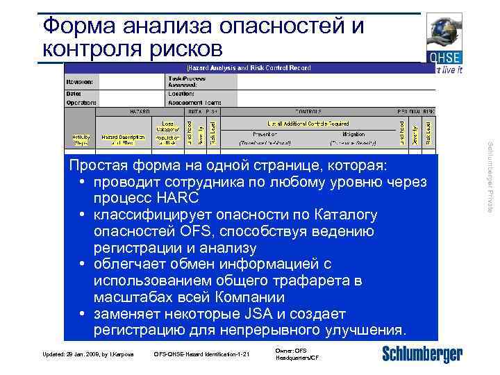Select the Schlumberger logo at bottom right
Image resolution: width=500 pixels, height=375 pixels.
pos(422,354)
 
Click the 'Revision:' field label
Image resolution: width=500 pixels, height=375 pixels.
pos(82,81)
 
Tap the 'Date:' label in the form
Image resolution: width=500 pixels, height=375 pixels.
pos(74,92)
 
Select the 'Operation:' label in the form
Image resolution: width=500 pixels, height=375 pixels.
pos(81,102)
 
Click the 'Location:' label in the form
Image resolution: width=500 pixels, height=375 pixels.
pos(182,92)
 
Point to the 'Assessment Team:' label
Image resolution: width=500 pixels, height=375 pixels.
pos(192,102)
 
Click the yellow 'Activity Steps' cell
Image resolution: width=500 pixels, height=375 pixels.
pos(81,139)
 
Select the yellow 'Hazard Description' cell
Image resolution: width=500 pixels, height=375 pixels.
pos(124,139)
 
